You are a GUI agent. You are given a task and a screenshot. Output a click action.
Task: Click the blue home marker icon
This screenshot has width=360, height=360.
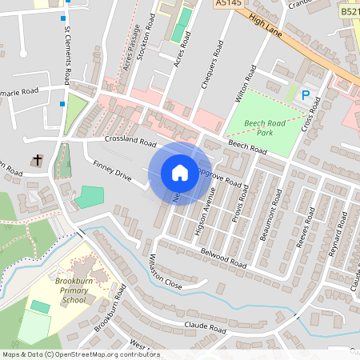180,173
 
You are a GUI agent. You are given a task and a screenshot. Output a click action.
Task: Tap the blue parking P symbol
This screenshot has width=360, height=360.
304,94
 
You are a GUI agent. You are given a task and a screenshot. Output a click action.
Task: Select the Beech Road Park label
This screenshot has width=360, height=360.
260,122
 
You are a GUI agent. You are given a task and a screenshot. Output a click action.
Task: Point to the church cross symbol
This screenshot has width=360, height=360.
36,161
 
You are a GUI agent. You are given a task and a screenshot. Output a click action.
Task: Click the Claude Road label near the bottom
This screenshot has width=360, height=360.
206,326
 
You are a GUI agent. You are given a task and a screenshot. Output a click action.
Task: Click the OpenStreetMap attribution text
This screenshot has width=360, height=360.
80,354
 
